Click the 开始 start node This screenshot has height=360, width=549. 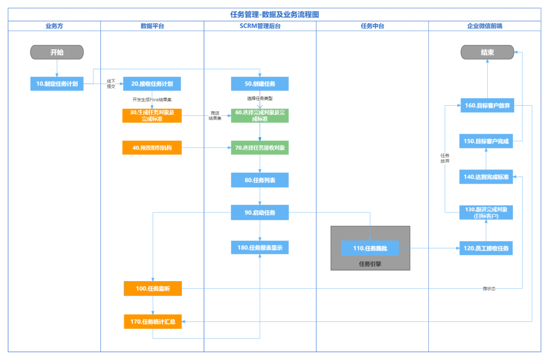pos(57,52)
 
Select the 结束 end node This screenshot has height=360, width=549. pos(487,52)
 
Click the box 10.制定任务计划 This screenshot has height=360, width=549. pos(57,84)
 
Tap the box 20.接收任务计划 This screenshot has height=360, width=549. pos(152,84)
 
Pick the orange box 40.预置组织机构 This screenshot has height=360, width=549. pos(152,148)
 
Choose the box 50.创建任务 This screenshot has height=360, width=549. pos(259,84)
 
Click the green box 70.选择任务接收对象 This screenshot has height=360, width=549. pos(259,148)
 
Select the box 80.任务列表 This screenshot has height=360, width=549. pos(259,180)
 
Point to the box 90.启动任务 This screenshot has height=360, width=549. pos(259,212)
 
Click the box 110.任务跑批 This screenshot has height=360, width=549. pos(370,248)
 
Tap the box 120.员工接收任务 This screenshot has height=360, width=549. pos(486,248)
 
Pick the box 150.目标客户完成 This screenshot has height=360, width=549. pos(486,141)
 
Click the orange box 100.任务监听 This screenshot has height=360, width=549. pos(153,289)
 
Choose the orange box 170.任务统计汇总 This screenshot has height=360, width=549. pos(153,322)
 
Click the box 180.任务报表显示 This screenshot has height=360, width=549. pos(259,247)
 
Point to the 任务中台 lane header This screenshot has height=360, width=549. pos(372,26)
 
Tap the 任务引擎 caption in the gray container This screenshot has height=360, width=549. pos(370,264)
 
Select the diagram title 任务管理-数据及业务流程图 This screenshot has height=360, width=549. pos(274,14)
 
